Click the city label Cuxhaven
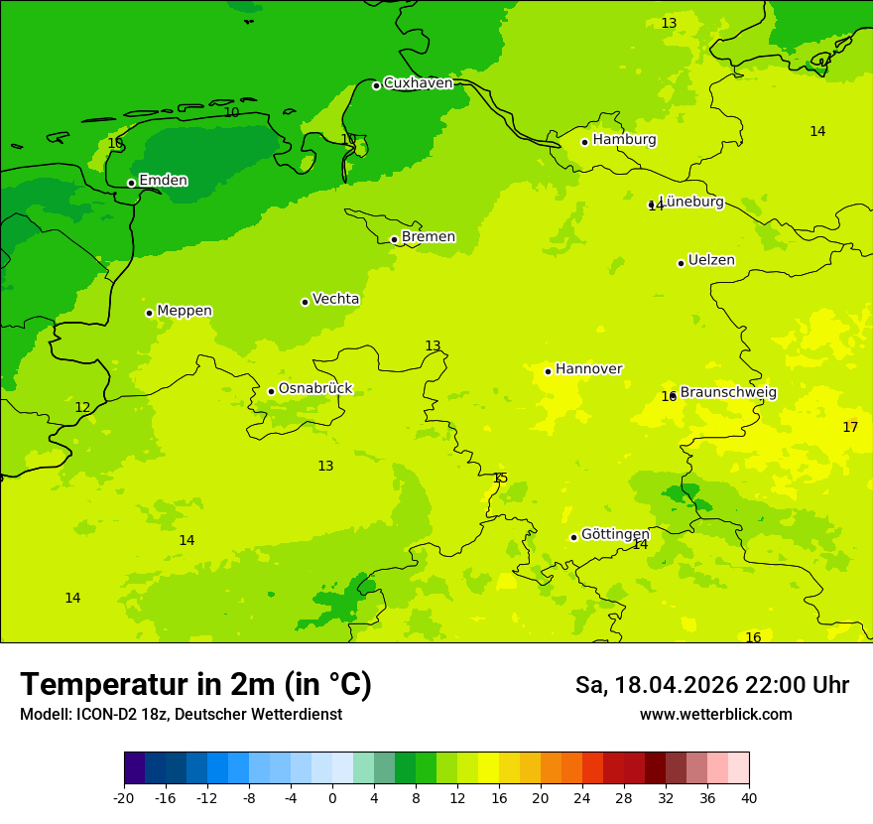click(418, 83)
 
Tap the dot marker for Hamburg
click(584, 142)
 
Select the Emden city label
click(163, 181)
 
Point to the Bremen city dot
click(394, 239)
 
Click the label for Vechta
click(335, 299)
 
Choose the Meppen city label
click(185, 311)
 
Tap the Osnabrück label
click(315, 389)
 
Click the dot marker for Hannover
click(548, 371)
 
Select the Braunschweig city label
click(728, 392)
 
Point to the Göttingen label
click(615, 534)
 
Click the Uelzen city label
click(711, 260)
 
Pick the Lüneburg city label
click(691, 202)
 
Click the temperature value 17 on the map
click(850, 427)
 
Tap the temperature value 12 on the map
click(82, 407)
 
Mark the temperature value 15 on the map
click(500, 478)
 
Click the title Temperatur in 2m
click(195, 684)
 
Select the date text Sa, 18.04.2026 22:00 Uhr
click(711, 685)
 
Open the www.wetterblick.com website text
click(715, 715)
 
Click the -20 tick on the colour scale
click(124, 797)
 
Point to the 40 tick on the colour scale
click(749, 797)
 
